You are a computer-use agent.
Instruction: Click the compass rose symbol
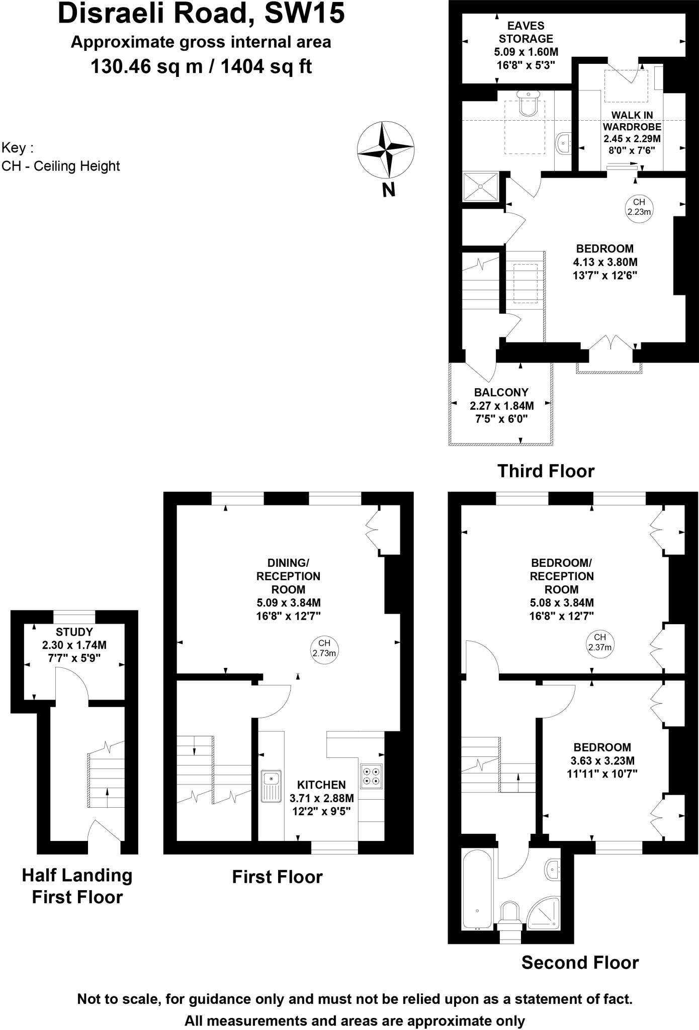[386, 150]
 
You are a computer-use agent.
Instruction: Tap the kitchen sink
[271, 787]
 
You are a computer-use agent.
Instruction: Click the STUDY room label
[74, 632]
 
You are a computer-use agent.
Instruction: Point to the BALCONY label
[501, 392]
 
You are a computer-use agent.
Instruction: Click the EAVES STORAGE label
[526, 32]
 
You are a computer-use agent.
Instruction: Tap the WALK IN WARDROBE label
[632, 121]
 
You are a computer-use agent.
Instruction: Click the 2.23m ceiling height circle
[639, 207]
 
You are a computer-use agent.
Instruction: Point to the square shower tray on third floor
[480, 187]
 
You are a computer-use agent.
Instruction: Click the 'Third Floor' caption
[546, 471]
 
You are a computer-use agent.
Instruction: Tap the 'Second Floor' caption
[580, 963]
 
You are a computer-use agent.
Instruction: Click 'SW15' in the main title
[305, 13]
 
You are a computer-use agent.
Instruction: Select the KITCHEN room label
[321, 785]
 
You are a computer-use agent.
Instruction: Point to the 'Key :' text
[18, 148]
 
